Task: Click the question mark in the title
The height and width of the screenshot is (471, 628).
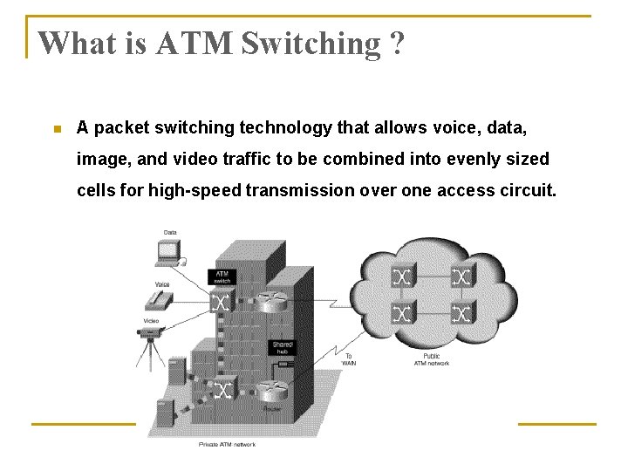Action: click(x=398, y=43)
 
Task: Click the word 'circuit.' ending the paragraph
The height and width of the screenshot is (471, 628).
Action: click(x=523, y=190)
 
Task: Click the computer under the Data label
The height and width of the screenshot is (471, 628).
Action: click(x=168, y=252)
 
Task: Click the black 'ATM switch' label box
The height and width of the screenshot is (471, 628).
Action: click(x=222, y=276)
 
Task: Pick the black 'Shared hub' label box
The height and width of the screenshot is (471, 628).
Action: click(x=283, y=348)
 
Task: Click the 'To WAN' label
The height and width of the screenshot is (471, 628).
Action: click(x=349, y=359)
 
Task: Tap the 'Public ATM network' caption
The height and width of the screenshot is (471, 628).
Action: click(x=432, y=359)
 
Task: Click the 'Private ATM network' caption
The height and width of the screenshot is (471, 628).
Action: click(x=227, y=445)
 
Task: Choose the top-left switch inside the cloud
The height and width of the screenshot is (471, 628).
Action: click(x=403, y=276)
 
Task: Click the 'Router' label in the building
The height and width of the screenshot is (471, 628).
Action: click(x=272, y=408)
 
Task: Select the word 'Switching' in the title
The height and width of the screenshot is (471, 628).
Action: click(x=306, y=43)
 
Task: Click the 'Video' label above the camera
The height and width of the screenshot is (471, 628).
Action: click(x=152, y=322)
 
